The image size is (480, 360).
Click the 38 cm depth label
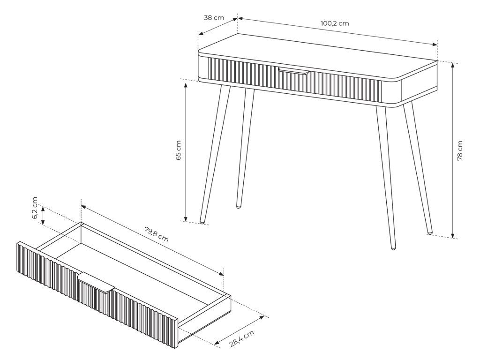(214, 18)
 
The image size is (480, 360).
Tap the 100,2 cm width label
(335, 23)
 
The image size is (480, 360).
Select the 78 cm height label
(460, 150)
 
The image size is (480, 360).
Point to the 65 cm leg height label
(179, 150)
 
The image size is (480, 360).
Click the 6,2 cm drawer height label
(35, 208)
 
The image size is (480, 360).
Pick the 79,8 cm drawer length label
(156, 234)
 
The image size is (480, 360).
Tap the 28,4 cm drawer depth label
(242, 338)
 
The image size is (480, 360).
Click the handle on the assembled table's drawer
(294, 72)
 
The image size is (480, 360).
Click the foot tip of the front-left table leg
(202, 221)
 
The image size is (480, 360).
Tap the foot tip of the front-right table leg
(393, 247)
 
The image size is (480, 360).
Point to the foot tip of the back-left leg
(239, 207)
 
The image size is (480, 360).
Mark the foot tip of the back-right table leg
(430, 233)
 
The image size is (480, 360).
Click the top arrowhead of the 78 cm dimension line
(453, 66)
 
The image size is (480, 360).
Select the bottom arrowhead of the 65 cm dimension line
(186, 218)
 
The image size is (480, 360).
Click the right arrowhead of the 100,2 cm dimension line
(435, 45)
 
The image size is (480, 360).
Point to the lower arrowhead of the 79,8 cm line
(221, 274)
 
